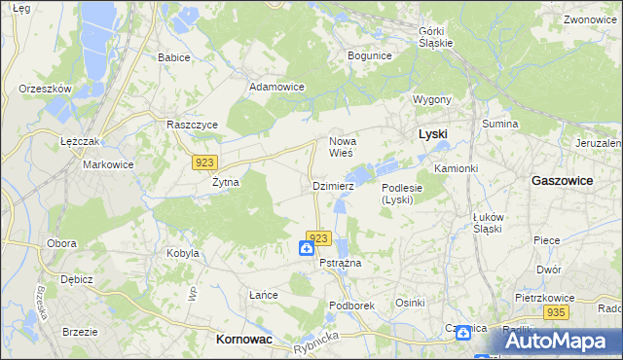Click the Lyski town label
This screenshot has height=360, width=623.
pyautogui.click(x=431, y=134)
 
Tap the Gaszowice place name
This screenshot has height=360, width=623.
pyautogui.click(x=564, y=181)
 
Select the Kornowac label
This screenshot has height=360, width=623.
pyautogui.click(x=242, y=340)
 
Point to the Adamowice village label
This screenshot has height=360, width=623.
pyautogui.click(x=276, y=87)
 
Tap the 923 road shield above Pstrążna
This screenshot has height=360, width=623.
pyautogui.click(x=320, y=238)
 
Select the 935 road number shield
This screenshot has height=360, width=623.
pyautogui.click(x=556, y=312)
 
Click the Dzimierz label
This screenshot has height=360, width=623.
pyautogui.click(x=333, y=185)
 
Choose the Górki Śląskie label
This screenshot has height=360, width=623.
pyautogui.click(x=436, y=37)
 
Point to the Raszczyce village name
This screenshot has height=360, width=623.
pyautogui.click(x=192, y=126)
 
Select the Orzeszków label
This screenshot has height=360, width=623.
pyautogui.click(x=46, y=89)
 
